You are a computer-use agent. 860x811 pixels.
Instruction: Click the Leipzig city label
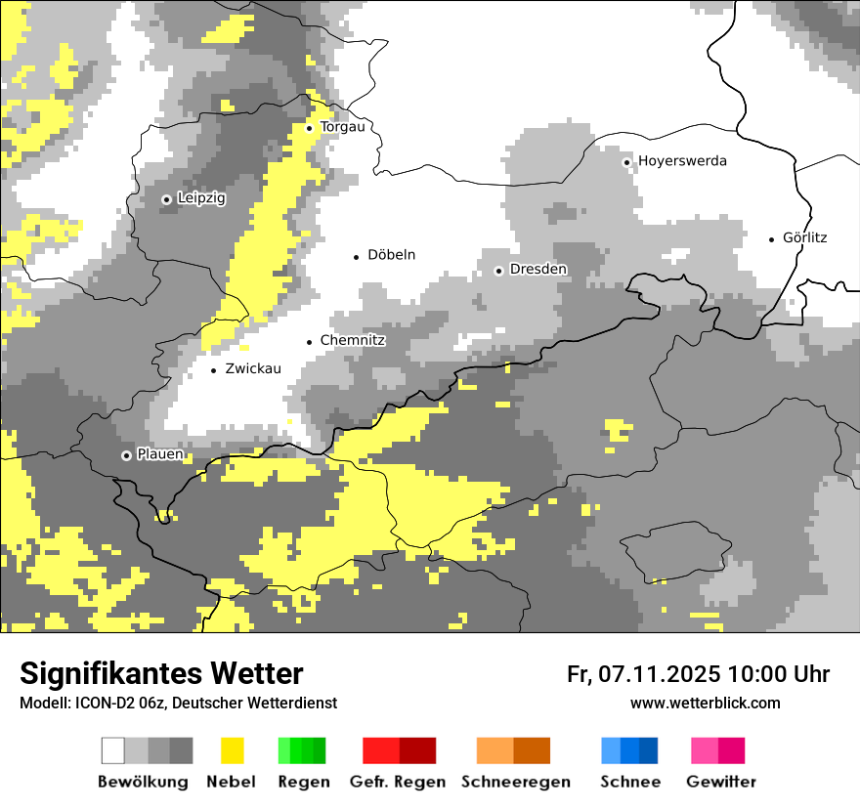201,198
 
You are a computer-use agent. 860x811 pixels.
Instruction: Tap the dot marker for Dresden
498,271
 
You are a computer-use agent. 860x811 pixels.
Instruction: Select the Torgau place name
342,127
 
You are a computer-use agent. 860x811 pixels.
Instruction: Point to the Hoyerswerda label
682,161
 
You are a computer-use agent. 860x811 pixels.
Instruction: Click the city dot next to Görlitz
772,238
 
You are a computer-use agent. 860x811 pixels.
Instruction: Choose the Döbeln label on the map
391,255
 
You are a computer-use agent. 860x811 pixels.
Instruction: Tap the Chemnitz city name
353,341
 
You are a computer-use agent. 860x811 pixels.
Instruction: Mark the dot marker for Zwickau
213,370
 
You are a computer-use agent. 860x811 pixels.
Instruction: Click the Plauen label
159,454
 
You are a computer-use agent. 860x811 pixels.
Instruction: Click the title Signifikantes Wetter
161,674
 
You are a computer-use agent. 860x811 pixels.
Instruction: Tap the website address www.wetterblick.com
705,704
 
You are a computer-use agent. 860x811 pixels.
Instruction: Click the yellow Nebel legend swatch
232,750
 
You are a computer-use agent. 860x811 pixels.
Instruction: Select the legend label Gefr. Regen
398,782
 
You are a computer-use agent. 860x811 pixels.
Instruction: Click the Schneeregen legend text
515,782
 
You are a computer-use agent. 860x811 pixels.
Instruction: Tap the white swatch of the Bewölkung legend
113,750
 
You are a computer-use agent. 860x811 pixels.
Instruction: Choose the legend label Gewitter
720,782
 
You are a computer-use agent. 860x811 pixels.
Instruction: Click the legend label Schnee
629,782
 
